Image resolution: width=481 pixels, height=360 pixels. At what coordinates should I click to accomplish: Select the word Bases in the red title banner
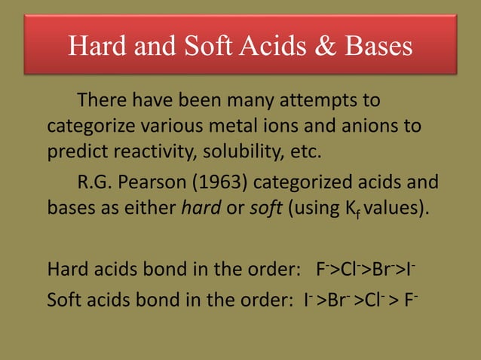pos(375,47)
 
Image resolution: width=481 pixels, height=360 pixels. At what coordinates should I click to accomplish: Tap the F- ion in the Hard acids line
pos(321,267)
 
